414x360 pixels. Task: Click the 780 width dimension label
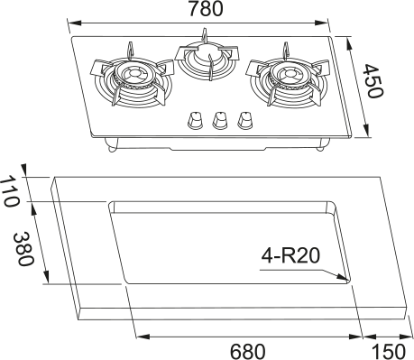206,8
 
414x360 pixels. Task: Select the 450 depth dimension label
373,81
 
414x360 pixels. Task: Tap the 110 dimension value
9,192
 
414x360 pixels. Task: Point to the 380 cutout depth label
23,249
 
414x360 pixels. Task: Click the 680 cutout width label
248,351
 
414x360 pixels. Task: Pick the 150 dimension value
389,351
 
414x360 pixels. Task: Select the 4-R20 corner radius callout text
290,256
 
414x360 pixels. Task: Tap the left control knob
195,120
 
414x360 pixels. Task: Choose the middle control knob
219,120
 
